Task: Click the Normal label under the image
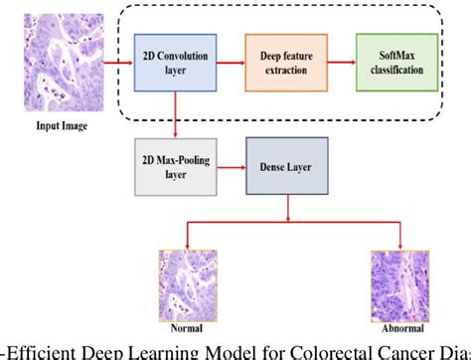(188, 325)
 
